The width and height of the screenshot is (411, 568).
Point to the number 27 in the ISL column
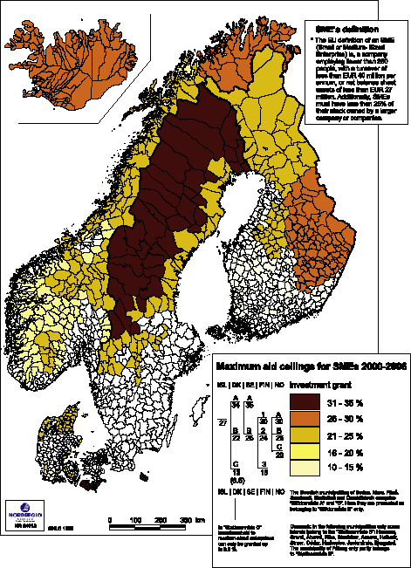[223, 422]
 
